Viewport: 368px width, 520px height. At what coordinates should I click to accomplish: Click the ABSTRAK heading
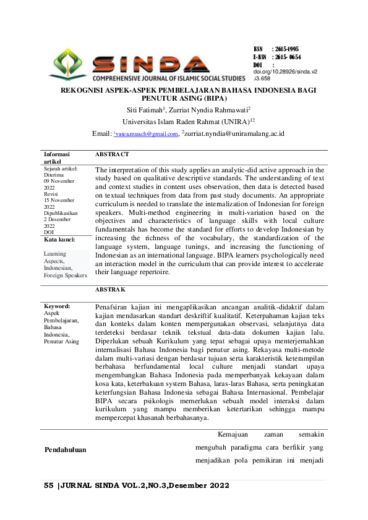point(111,289)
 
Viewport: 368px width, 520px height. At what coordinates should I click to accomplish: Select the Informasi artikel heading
point(56,157)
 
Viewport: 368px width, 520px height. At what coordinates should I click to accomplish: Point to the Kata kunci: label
point(59,238)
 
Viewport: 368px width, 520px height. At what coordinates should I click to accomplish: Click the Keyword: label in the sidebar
point(57,306)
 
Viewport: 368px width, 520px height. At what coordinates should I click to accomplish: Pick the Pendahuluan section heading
point(65,450)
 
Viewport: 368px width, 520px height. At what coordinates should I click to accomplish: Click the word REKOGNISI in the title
point(82,90)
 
